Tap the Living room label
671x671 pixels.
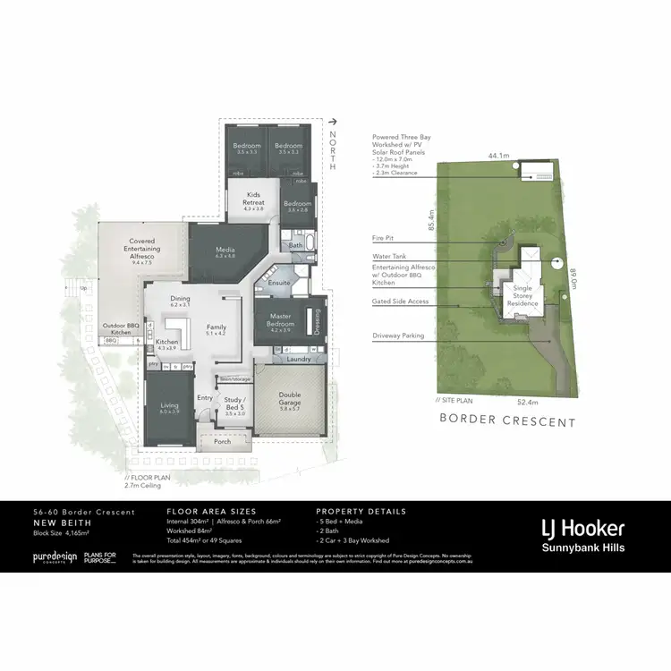click(x=169, y=409)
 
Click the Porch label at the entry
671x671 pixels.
click(x=222, y=441)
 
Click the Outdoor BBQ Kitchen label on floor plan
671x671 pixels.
click(x=118, y=328)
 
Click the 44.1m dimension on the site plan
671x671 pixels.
click(x=498, y=156)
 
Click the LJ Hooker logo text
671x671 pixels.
click(x=582, y=528)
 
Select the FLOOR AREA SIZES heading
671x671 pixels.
click(x=211, y=512)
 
